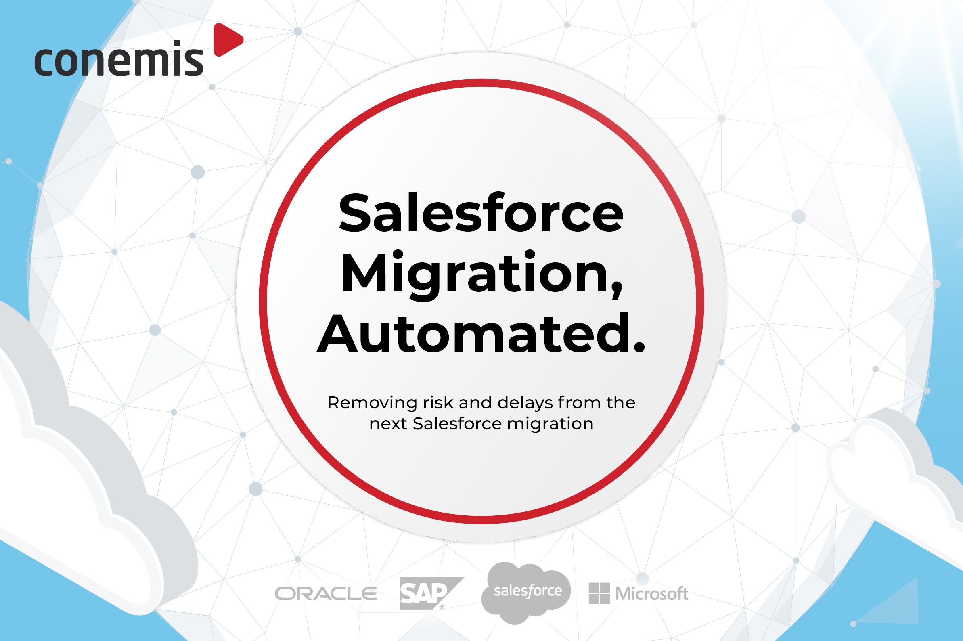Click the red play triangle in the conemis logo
click(226, 40)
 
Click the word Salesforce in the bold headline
click(481, 213)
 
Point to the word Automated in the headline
click(474, 333)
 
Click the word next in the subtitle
click(388, 424)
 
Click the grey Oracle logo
click(326, 594)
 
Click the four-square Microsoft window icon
click(599, 593)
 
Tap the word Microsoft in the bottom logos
click(652, 594)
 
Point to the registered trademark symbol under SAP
click(442, 607)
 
